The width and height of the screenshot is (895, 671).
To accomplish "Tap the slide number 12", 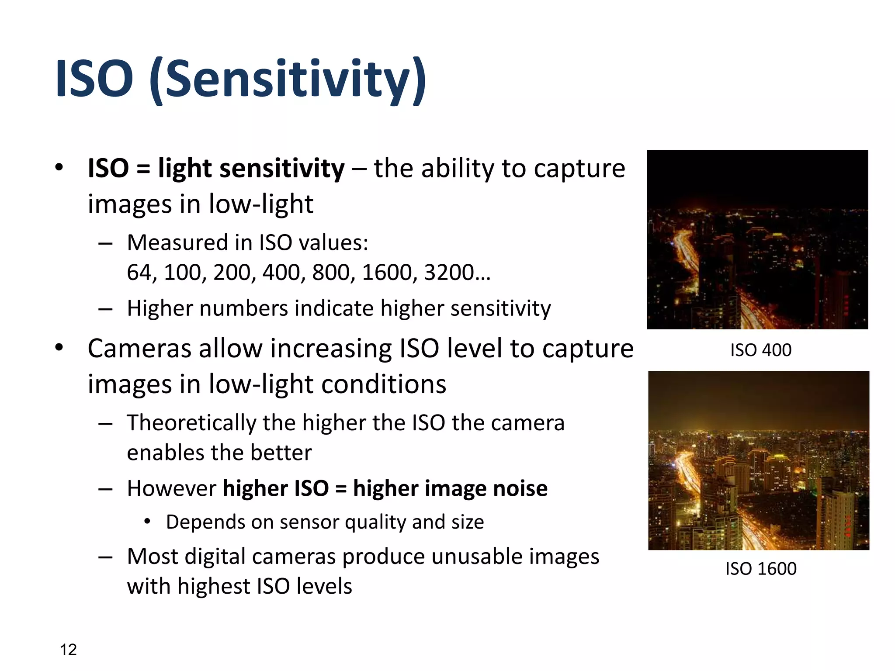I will pyautogui.click(x=68, y=650).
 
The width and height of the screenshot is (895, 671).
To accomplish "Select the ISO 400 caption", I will pyautogui.click(x=760, y=350).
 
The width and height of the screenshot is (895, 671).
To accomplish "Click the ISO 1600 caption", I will pyautogui.click(x=761, y=569).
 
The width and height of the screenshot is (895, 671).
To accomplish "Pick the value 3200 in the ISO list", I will pyautogui.click(x=449, y=272).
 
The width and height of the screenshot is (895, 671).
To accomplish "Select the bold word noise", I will pyautogui.click(x=520, y=488).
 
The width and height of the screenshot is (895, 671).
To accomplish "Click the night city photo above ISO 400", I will pyautogui.click(x=757, y=239).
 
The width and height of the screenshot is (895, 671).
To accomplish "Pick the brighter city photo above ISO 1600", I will pyautogui.click(x=759, y=460).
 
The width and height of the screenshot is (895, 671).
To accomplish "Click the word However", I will pyautogui.click(x=171, y=488).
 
